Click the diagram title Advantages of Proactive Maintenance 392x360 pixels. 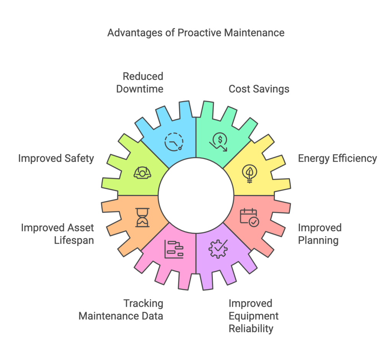pyautogui.click(x=196, y=33)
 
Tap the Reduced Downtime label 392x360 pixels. pyautogui.click(x=143, y=82)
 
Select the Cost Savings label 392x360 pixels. pyautogui.click(x=259, y=89)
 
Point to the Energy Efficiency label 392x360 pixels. pyautogui.click(x=338, y=158)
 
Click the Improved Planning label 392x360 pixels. pyautogui.click(x=320, y=234)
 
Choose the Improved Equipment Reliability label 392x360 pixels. pyautogui.click(x=253, y=316)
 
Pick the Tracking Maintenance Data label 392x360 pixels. pyautogui.click(x=121, y=310)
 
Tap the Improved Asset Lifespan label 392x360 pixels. pyautogui.click(x=57, y=234)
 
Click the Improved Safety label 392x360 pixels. pyautogui.click(x=56, y=158)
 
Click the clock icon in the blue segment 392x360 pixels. pyautogui.click(x=173, y=142)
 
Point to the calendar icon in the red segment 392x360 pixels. pyautogui.click(x=249, y=217)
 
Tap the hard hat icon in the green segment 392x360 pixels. pyautogui.click(x=142, y=173)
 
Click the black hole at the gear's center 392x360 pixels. pyautogui.click(x=196, y=195)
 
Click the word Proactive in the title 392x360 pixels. pyautogui.click(x=199, y=33)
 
